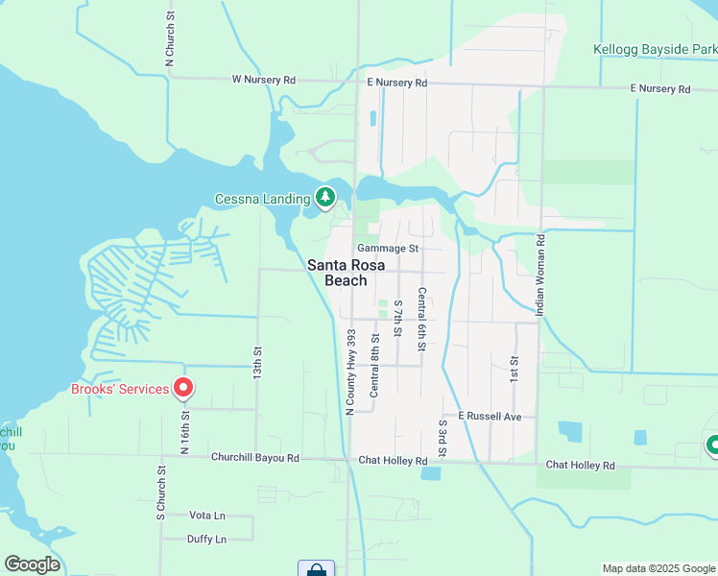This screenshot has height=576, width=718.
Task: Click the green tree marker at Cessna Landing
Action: (326, 198)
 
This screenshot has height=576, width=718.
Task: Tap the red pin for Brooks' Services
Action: (182, 389)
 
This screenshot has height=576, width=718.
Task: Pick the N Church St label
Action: (169, 37)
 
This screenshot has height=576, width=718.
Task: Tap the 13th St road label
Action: (257, 361)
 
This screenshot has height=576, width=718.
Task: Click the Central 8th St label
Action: (375, 365)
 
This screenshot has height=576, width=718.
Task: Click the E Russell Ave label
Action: (490, 417)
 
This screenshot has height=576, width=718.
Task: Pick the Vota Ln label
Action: (207, 516)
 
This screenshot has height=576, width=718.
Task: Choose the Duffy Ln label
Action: (207, 540)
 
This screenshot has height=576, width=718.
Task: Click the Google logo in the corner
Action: (32, 564)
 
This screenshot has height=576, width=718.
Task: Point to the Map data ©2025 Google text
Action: (658, 568)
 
